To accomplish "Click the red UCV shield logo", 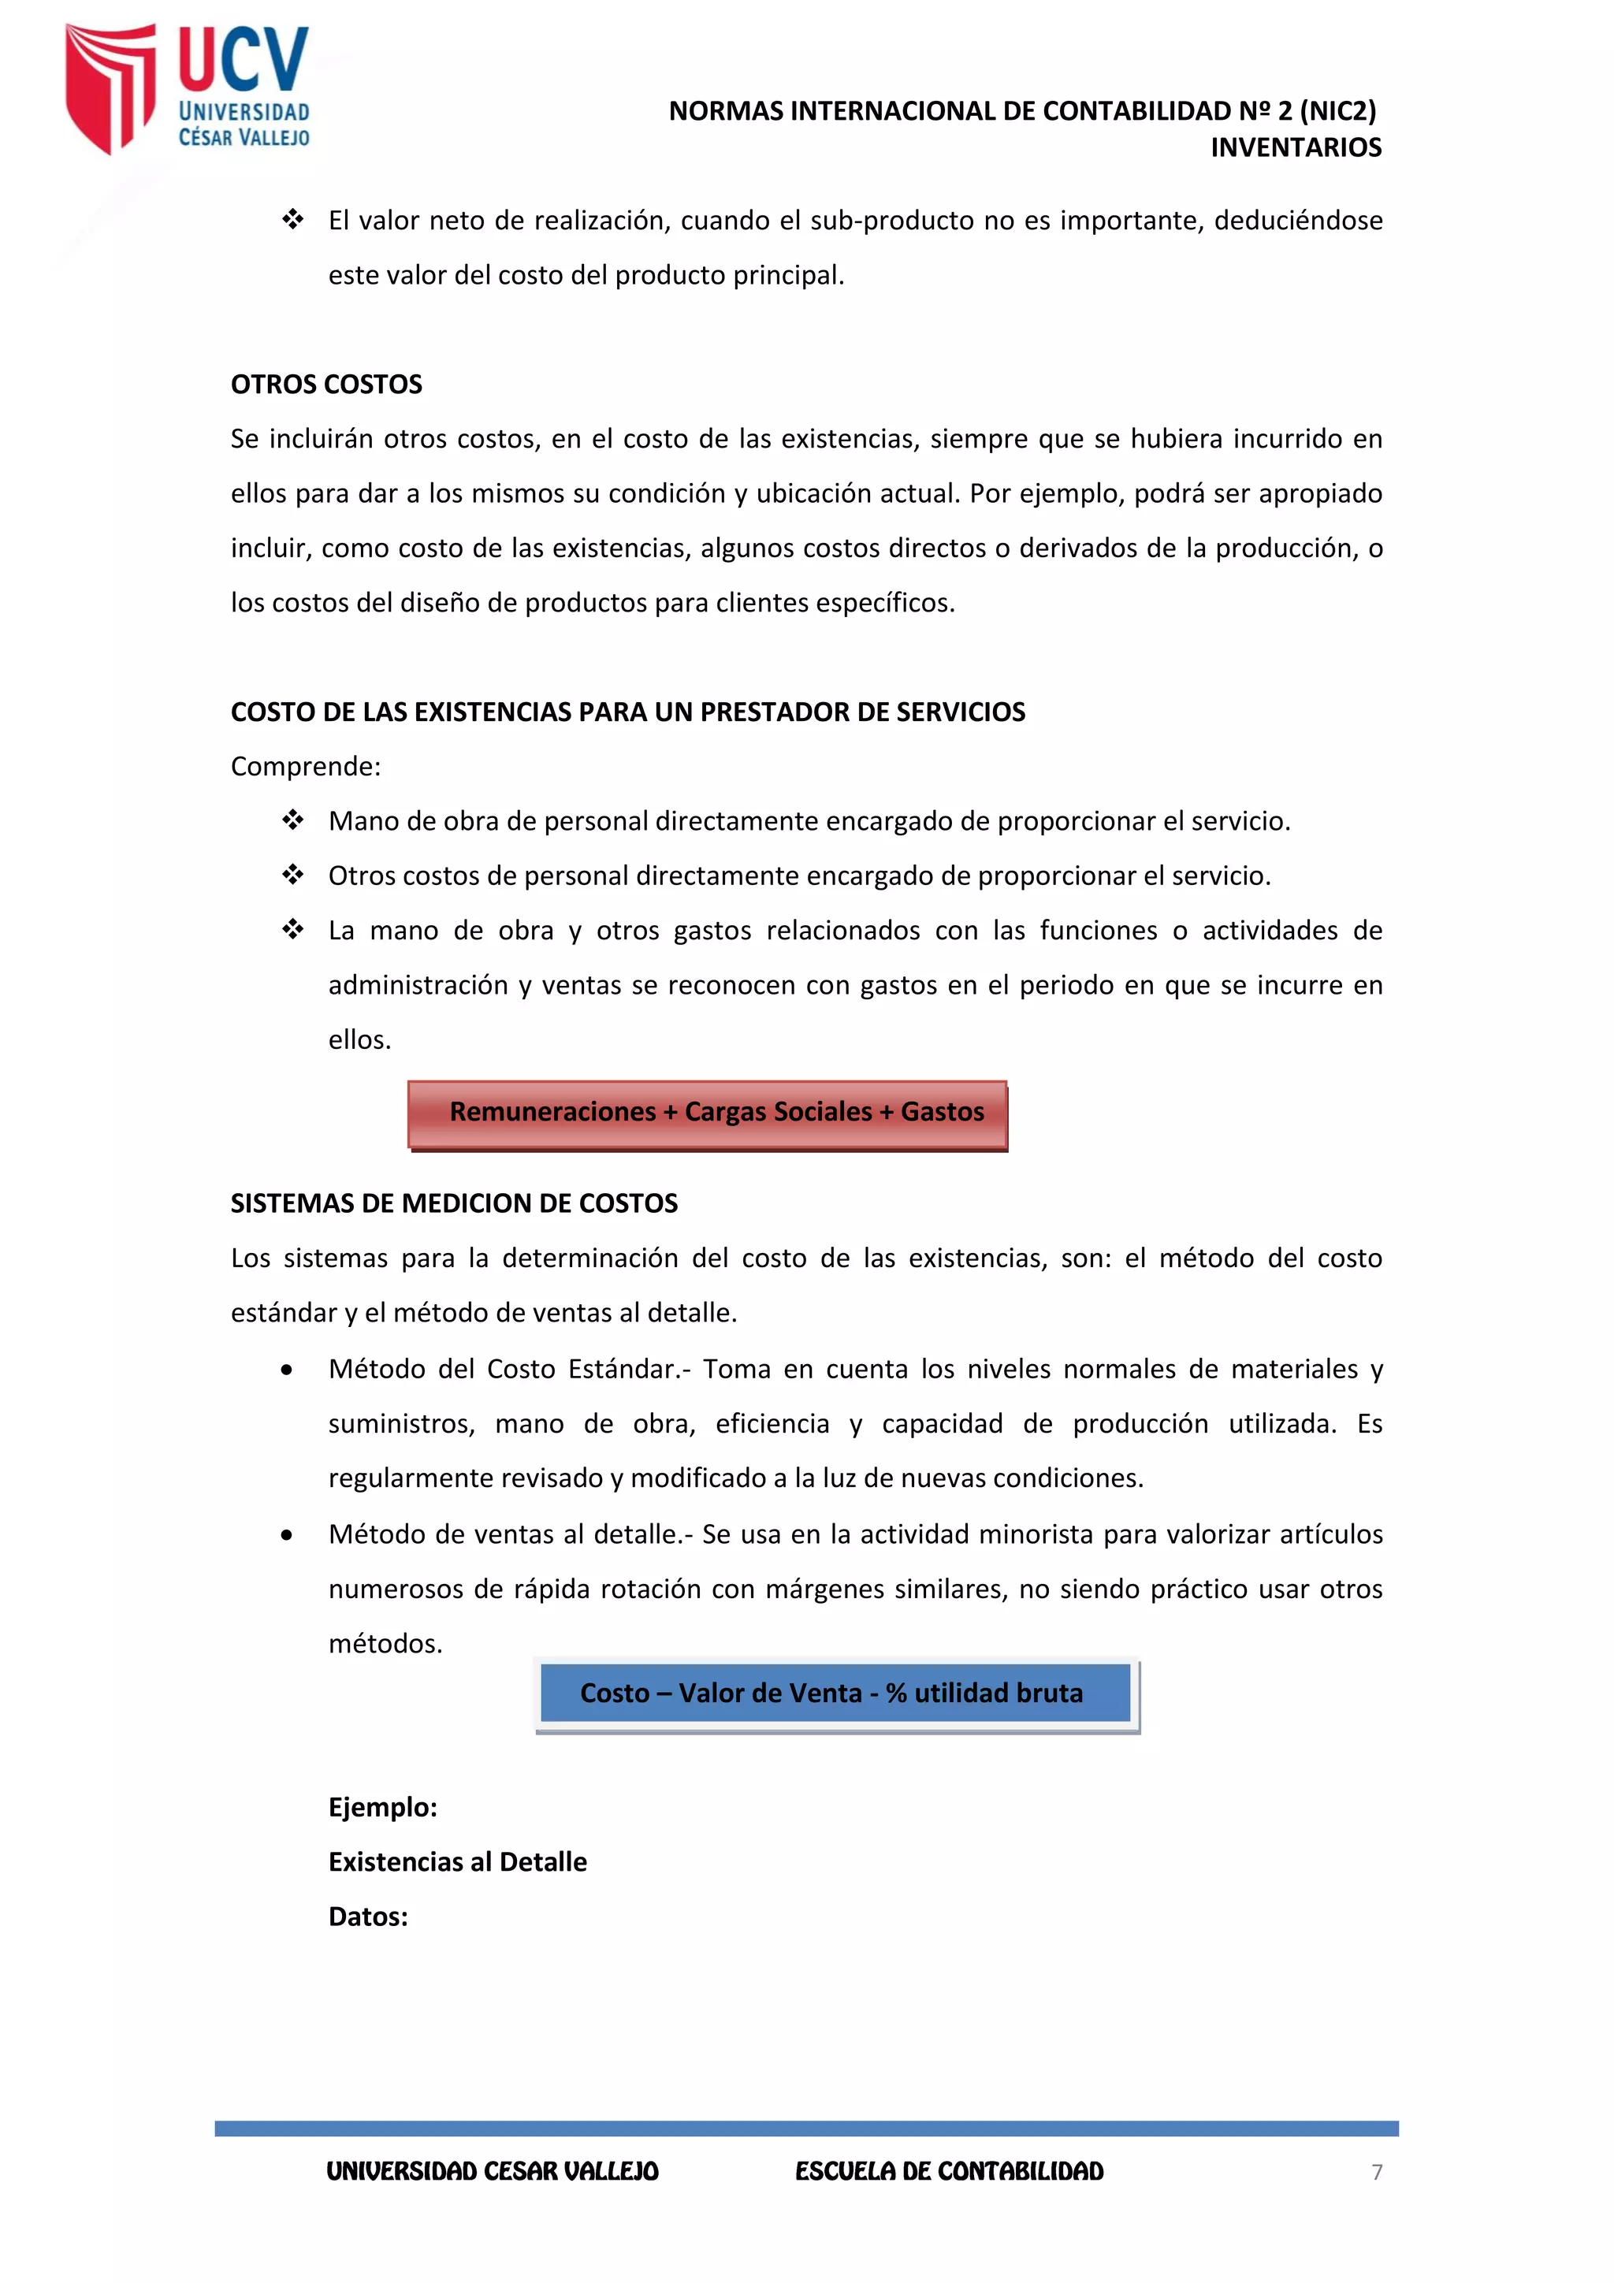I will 110,87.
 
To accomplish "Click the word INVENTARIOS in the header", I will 1295,147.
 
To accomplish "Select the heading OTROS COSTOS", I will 326,384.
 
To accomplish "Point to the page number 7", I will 1376,2172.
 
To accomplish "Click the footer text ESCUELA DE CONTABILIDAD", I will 949,2172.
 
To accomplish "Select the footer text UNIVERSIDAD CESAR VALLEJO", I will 493,2172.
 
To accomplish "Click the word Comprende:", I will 305,767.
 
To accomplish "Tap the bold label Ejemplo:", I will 383,1807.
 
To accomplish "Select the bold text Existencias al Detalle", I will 457,1861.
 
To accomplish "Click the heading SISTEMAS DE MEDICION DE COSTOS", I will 453,1203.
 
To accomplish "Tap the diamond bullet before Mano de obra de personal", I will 292,820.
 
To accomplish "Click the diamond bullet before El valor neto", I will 292,220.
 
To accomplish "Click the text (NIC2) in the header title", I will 1337,111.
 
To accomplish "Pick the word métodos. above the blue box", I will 385,1644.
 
